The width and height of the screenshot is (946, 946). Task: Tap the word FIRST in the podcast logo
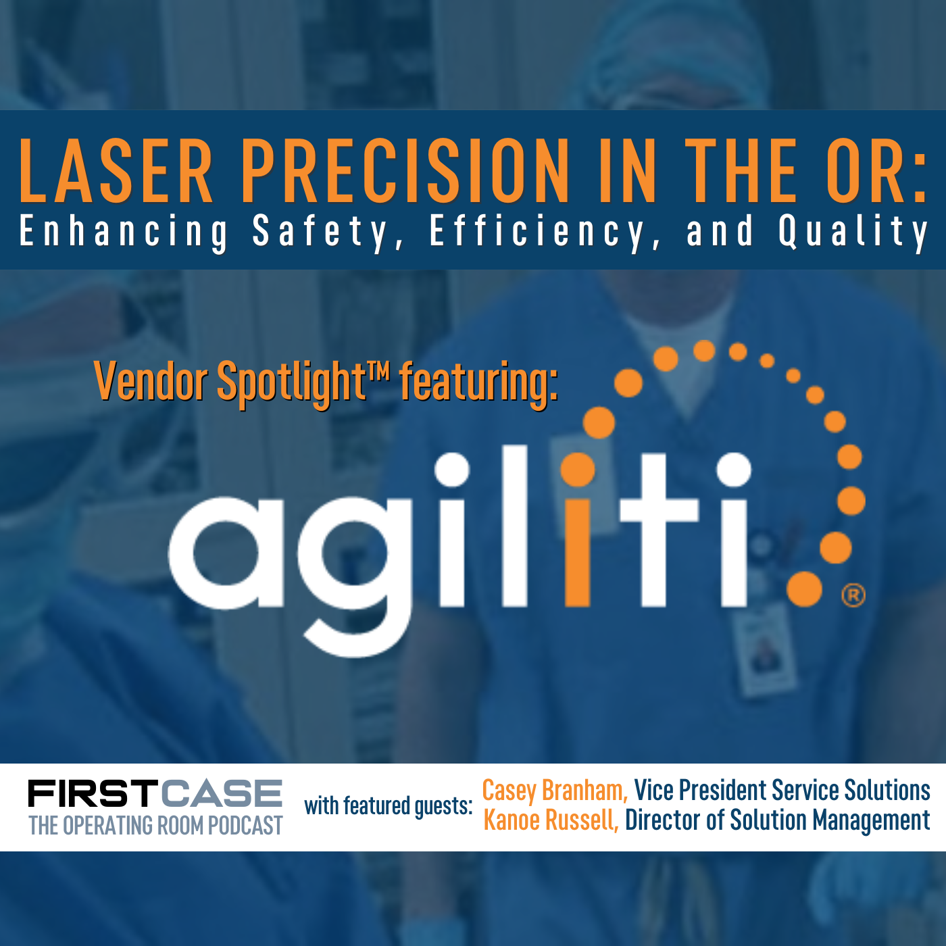(93, 793)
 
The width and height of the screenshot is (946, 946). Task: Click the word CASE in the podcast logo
(222, 793)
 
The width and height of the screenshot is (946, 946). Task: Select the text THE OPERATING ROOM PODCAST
(155, 826)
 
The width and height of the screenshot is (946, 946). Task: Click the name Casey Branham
(554, 790)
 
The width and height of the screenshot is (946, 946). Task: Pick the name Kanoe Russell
(551, 820)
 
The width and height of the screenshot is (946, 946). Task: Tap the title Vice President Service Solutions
(782, 790)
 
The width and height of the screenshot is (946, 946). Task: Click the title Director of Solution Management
(777, 820)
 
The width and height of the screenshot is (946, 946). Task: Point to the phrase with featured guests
(388, 806)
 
